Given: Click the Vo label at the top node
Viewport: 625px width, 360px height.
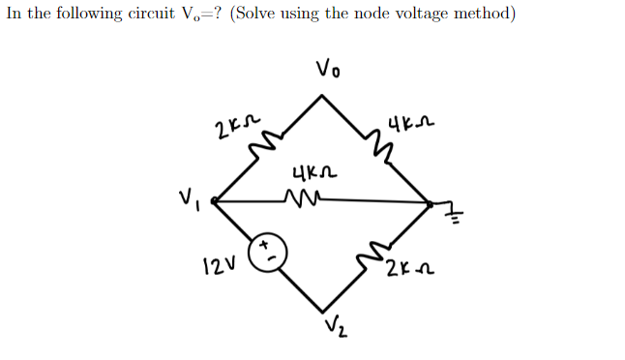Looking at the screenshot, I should (328, 69).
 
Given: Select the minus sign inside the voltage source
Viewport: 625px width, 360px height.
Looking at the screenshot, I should (272, 256).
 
